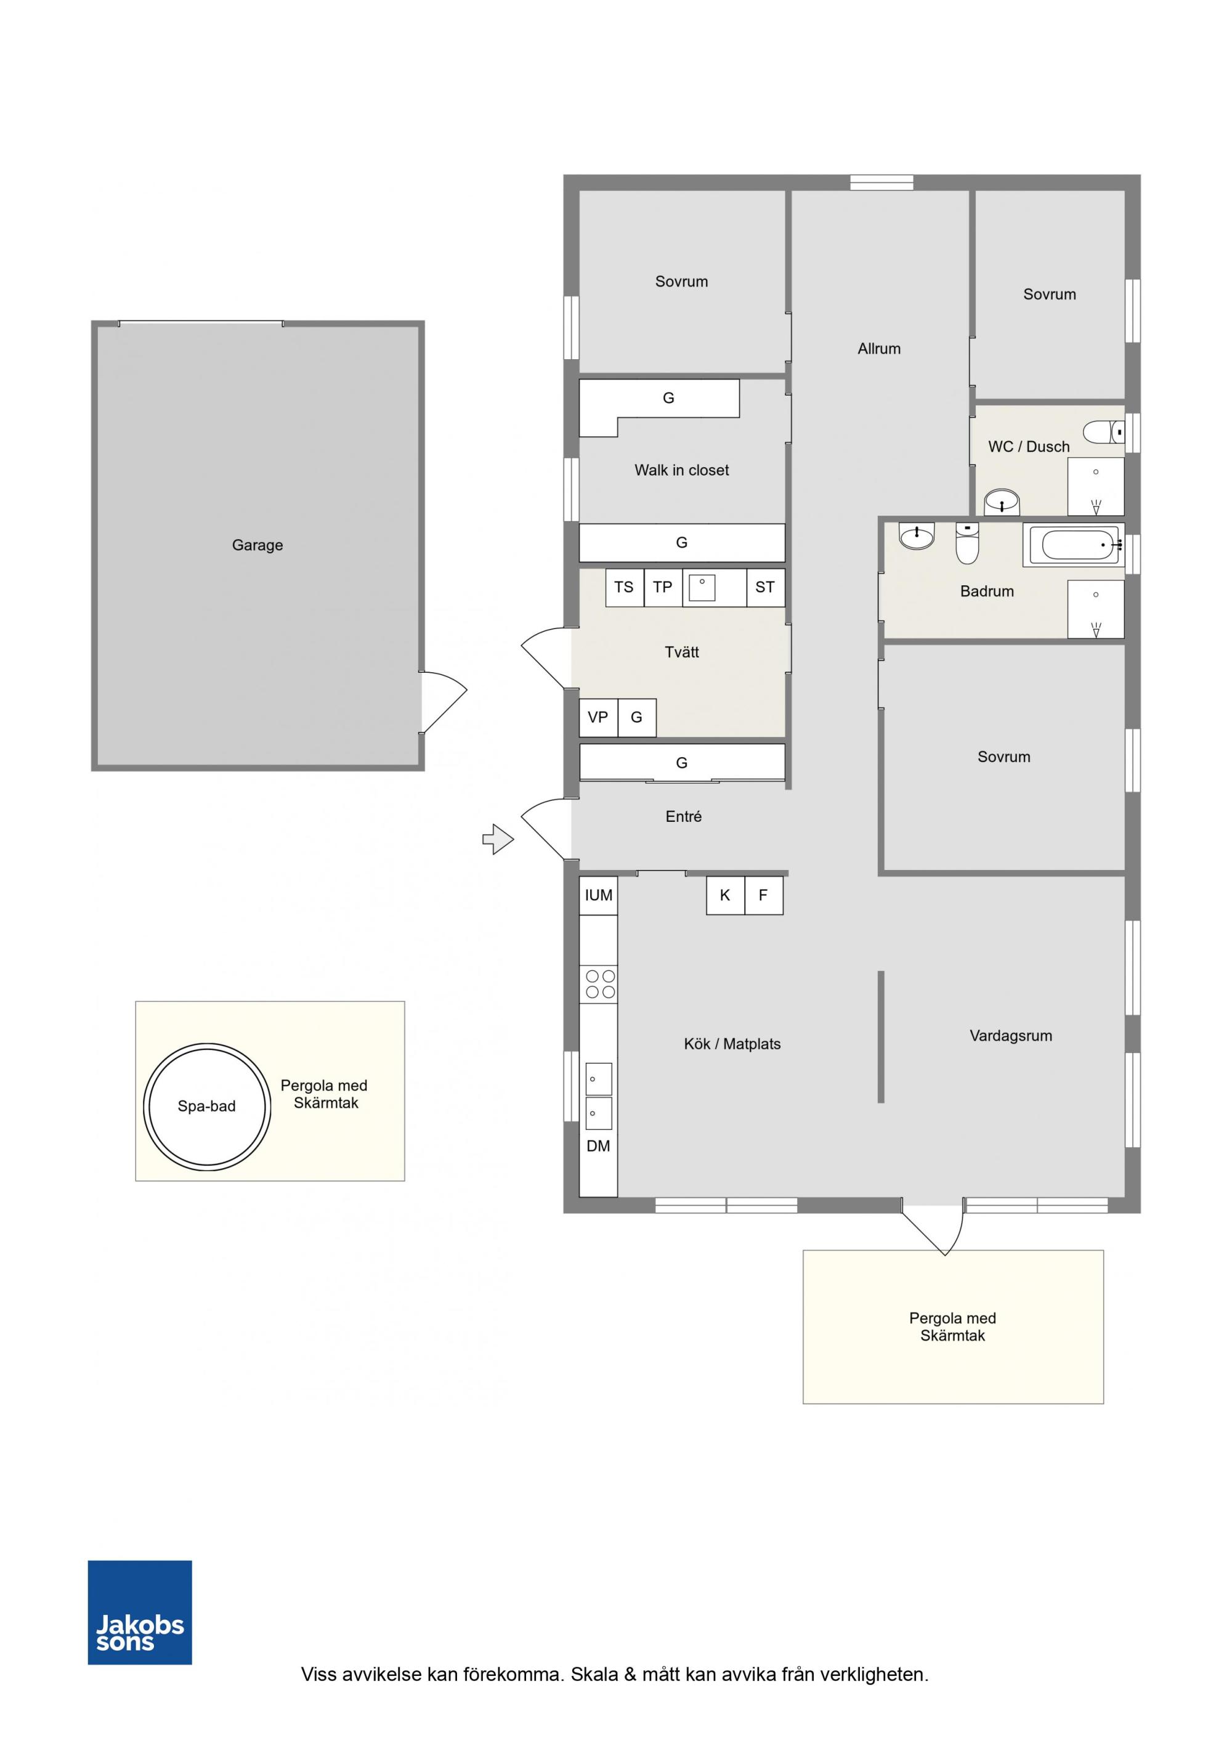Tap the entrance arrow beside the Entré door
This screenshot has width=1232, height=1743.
point(498,839)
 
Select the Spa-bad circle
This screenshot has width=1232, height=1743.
point(207,1106)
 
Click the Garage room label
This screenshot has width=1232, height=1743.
point(257,545)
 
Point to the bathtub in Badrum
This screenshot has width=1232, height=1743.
point(1073,545)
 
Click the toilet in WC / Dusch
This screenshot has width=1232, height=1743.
point(1104,432)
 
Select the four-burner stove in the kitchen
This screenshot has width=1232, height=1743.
point(599,984)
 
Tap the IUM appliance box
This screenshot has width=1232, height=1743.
point(599,896)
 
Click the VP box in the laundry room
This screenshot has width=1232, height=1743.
point(599,717)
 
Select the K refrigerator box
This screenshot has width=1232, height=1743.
point(726,896)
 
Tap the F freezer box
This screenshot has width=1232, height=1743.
point(764,896)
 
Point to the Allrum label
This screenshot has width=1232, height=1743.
point(879,349)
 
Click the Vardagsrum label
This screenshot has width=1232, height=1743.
point(1011,1036)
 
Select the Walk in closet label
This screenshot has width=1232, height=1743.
point(682,470)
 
